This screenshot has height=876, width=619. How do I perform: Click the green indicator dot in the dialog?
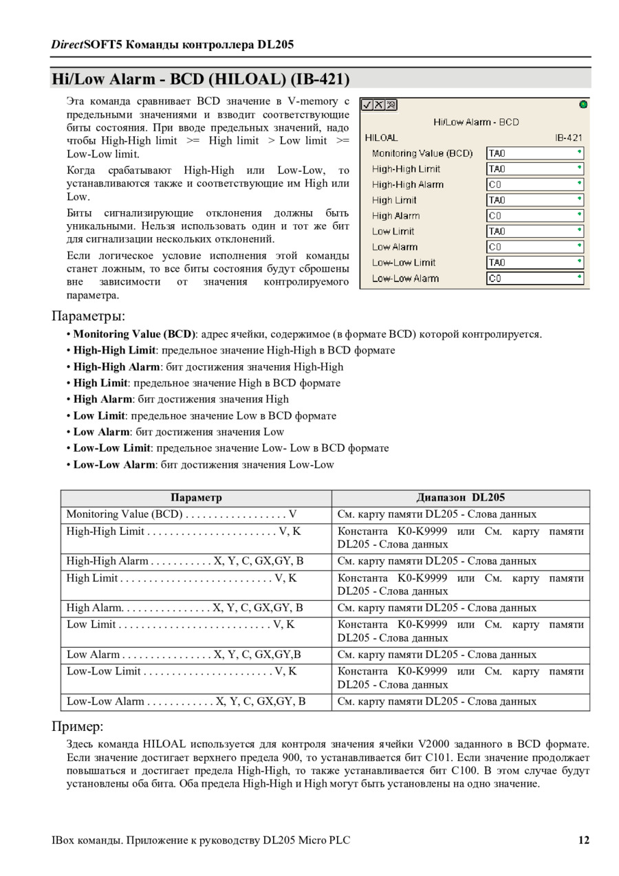(583, 105)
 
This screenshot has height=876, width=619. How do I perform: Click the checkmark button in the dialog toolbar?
(367, 105)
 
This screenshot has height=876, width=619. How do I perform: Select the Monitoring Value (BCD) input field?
(534, 153)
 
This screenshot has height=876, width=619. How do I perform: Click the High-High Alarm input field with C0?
(534, 184)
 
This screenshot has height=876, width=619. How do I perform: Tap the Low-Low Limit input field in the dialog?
(534, 263)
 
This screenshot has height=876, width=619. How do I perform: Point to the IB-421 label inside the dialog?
(569, 138)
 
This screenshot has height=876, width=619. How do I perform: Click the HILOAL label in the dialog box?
(381, 138)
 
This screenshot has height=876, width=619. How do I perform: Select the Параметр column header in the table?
(196, 498)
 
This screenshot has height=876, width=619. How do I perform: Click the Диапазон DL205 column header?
(460, 498)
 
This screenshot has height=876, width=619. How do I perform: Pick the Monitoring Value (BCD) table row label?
(124, 514)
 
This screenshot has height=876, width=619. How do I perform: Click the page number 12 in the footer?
(583, 840)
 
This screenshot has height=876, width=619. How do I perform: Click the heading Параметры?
(89, 316)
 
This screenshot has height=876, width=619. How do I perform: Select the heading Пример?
(77, 727)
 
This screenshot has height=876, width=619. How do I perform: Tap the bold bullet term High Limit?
(100, 383)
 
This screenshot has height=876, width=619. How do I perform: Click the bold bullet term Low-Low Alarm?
(114, 465)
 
